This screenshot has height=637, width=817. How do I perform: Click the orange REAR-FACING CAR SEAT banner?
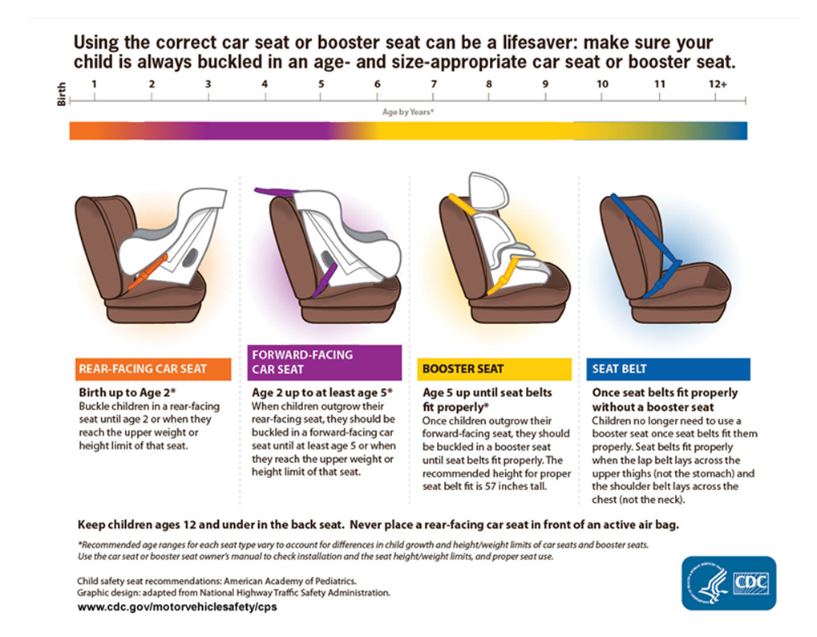tap(152, 369)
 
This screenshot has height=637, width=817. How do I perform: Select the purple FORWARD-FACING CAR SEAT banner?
tap(326, 362)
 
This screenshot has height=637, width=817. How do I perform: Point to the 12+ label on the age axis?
tap(718, 84)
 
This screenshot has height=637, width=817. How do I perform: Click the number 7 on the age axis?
tap(434, 84)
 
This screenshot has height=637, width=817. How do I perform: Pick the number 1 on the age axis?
tap(95, 84)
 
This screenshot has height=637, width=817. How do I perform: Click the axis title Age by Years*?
tap(408, 112)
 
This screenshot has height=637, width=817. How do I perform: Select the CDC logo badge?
tap(728, 582)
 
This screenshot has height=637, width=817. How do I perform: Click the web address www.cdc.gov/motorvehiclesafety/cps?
tap(177, 607)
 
